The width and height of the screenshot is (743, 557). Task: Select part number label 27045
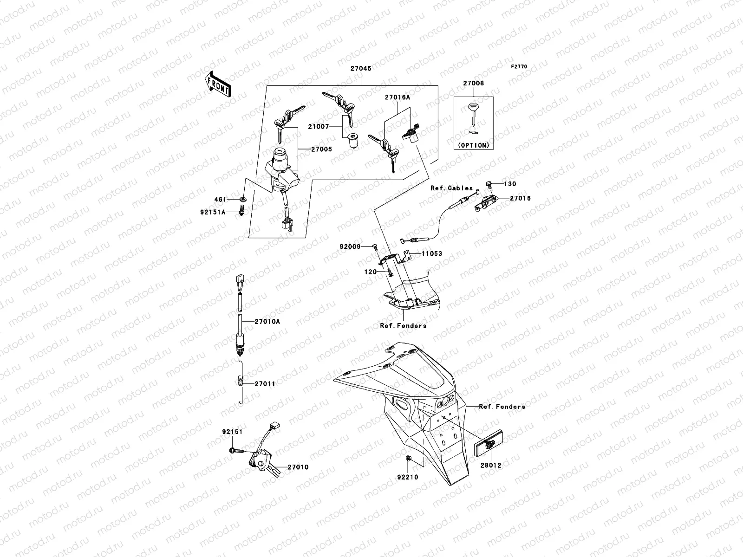pyautogui.click(x=360, y=68)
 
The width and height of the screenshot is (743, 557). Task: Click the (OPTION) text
pyautogui.click(x=473, y=145)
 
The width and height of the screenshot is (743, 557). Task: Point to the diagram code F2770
pyautogui.click(x=519, y=67)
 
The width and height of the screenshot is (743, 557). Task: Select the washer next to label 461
pyautogui.click(x=242, y=200)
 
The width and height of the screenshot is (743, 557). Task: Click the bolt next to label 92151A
pyautogui.click(x=241, y=212)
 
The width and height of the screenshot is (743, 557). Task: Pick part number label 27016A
pyautogui.click(x=397, y=98)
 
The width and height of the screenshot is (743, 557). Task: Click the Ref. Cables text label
pyautogui.click(x=451, y=188)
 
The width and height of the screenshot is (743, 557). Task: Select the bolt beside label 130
pyautogui.click(x=489, y=185)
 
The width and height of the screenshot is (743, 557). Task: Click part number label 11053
pyautogui.click(x=432, y=254)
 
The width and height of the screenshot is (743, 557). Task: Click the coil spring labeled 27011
pyautogui.click(x=240, y=383)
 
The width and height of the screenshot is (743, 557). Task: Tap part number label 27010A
pyautogui.click(x=267, y=321)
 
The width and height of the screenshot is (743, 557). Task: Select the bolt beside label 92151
pyautogui.click(x=236, y=450)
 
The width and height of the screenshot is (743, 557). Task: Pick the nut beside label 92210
pyautogui.click(x=408, y=459)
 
